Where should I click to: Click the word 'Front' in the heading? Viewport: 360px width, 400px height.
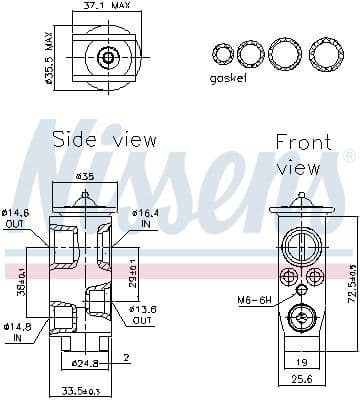point(302,142)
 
